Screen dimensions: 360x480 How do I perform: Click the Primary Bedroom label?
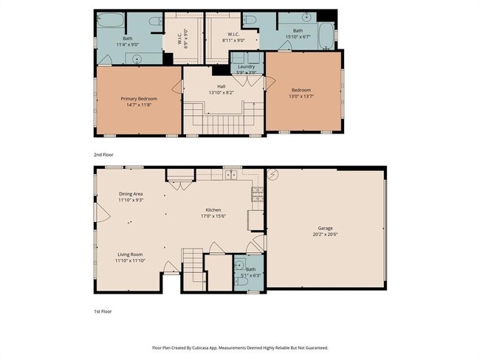coord(139,98)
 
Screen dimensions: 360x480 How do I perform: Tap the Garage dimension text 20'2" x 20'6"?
coord(326,235)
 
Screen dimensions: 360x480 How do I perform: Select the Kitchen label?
coord(213,210)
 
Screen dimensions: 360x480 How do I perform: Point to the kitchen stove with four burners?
coord(257,194)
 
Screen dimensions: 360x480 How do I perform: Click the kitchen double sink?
coord(230,176)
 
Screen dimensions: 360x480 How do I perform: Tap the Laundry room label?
coord(246,66)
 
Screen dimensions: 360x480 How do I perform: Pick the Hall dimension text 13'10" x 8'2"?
coord(221,92)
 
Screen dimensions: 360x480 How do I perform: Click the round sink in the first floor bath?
coord(239,264)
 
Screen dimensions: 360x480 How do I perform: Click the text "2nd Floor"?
coord(103,154)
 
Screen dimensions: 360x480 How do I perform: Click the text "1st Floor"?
coord(103,312)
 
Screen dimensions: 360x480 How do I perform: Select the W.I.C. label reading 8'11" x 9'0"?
coord(233,37)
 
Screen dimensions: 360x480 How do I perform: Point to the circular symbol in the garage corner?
coord(273,175)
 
